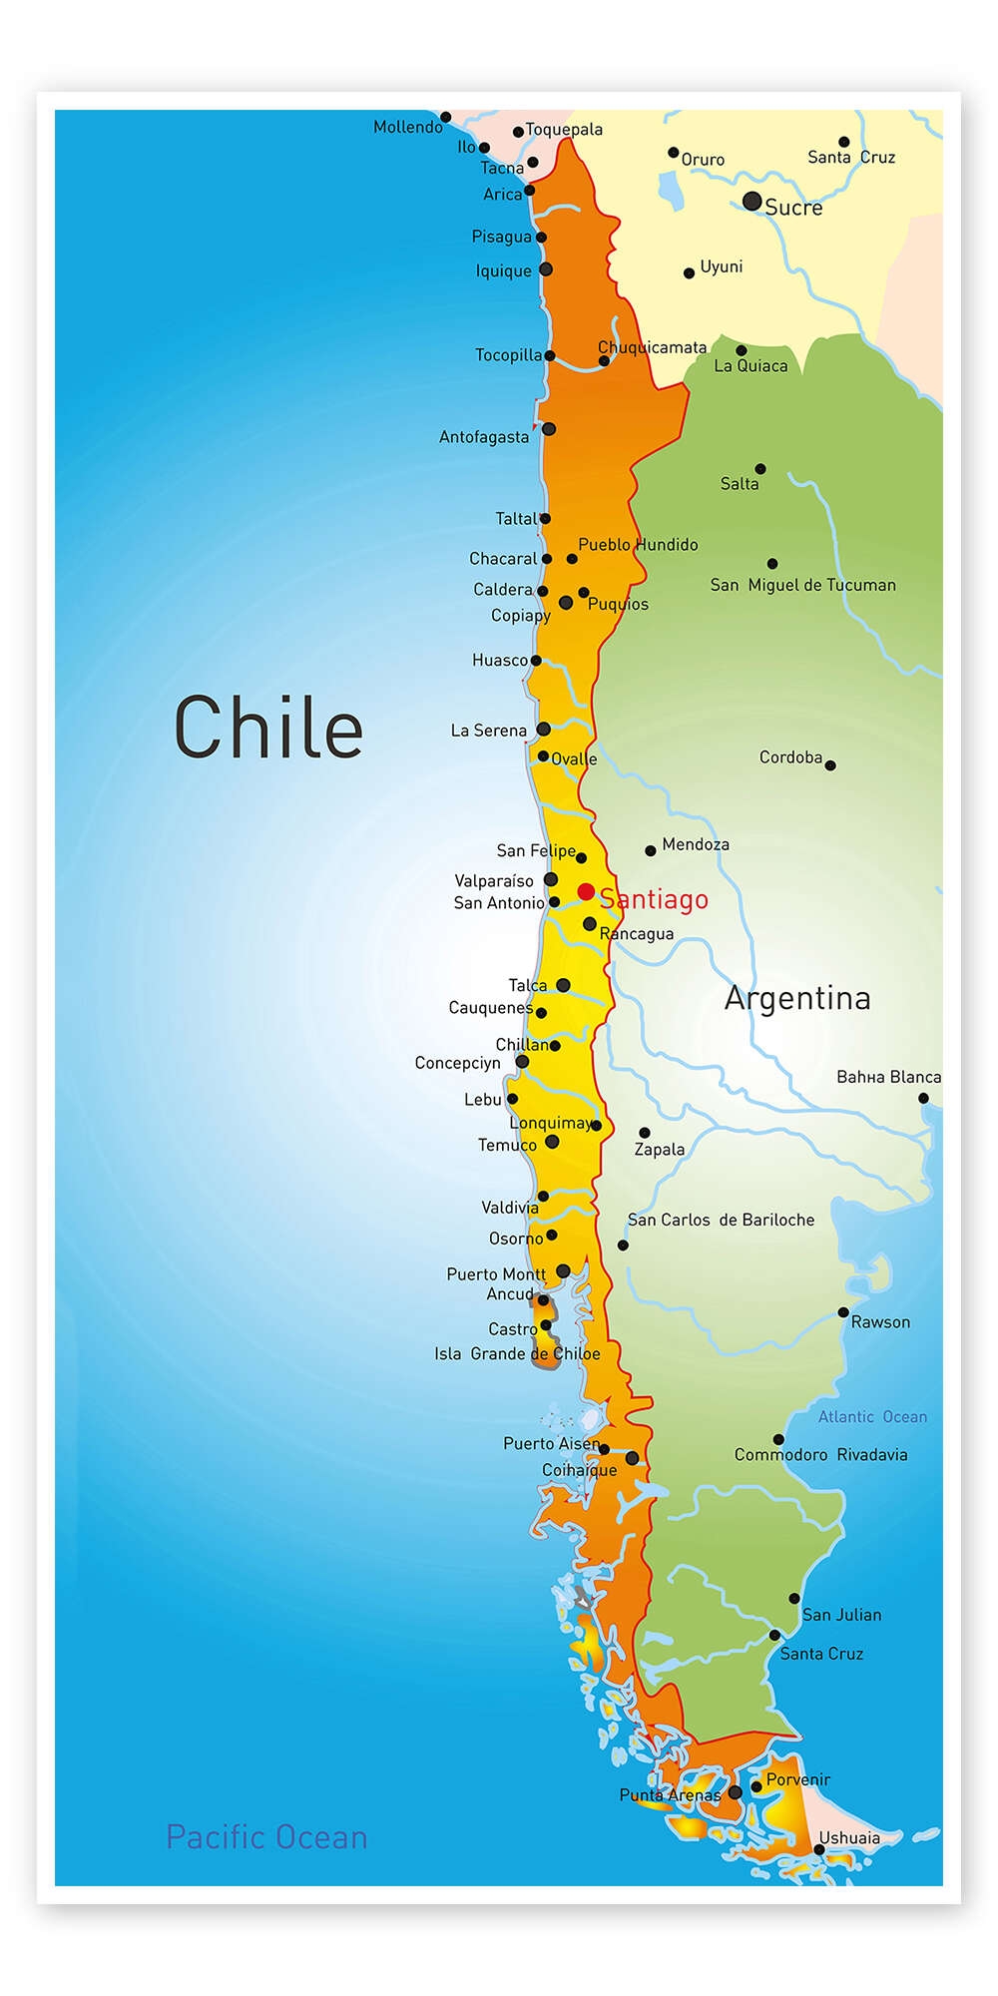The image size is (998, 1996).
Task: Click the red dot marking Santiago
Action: coord(586,891)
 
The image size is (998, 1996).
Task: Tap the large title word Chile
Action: coord(268,728)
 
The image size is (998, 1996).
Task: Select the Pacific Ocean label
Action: coord(266,1837)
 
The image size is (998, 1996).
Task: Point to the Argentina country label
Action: coord(797,998)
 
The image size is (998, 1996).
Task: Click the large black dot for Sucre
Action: coord(752,202)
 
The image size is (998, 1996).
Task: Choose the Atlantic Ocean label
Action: coord(872,1417)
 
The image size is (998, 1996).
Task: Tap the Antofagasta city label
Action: coord(484,437)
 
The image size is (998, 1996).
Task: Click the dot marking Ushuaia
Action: coord(819,1849)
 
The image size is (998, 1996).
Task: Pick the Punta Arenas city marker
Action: coord(736,1792)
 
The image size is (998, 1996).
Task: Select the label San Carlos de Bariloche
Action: coord(721,1220)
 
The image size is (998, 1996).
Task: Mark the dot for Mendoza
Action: coord(651,851)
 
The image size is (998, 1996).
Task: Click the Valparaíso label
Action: coord(494,881)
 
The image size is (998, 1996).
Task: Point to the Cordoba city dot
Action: coord(830,765)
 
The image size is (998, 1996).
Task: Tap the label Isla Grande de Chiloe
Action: coord(517,1354)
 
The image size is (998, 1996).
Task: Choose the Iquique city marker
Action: coord(546,269)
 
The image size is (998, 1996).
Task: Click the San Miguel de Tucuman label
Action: coord(802,585)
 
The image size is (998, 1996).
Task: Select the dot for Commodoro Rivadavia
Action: coord(778,1439)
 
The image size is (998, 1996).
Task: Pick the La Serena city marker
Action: coord(544,730)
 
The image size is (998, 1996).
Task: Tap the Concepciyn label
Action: coord(457,1063)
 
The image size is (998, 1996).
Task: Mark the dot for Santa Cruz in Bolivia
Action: coord(843,142)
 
